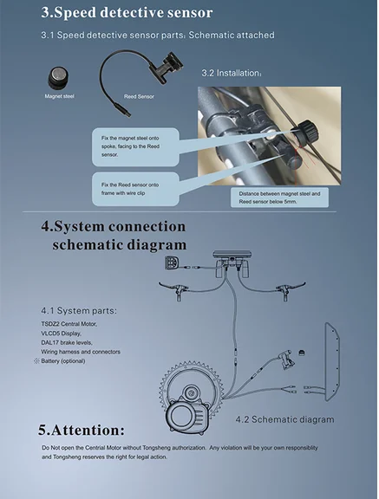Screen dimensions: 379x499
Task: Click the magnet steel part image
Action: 58,78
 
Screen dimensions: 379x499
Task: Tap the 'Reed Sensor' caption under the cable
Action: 139,96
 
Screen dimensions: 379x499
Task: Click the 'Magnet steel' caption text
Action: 60,96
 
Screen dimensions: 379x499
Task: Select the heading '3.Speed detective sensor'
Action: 127,13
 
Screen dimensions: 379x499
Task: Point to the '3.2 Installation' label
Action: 232,73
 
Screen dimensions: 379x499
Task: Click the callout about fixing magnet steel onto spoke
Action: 135,146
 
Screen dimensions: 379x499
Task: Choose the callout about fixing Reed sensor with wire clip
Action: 135,189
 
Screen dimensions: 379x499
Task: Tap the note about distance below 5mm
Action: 279,198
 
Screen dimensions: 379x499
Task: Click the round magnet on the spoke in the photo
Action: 307,132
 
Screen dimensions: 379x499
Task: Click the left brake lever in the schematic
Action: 174,289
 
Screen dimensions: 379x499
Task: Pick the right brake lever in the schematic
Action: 291,289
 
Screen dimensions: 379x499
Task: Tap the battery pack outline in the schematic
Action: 332,361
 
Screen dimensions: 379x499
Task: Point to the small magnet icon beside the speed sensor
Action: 302,352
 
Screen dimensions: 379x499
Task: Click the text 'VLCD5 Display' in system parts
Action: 62,334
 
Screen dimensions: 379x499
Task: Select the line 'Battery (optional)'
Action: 62,361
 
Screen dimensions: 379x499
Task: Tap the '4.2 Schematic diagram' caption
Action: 285,419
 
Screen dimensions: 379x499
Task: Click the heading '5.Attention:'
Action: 82,430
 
